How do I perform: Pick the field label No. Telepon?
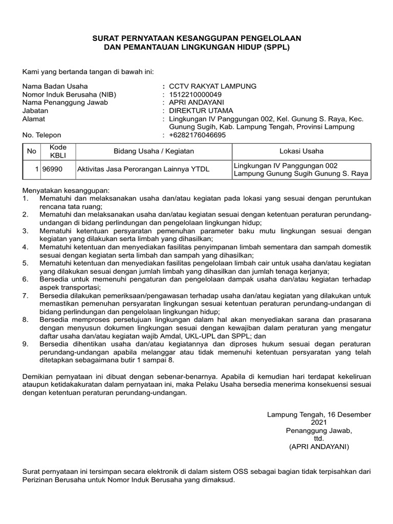[x=42, y=135]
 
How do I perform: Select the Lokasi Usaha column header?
[x=301, y=151]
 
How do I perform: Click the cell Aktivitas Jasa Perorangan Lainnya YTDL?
[x=143, y=169]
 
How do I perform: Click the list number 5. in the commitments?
[x=26, y=263]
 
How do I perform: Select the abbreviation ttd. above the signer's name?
[x=319, y=439]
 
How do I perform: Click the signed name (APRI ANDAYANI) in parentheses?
[x=319, y=447]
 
